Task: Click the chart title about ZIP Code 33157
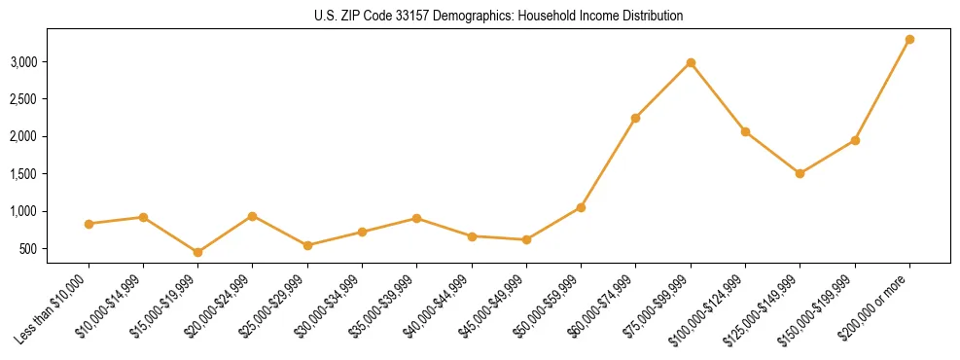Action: click(498, 16)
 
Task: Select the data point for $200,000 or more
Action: click(909, 39)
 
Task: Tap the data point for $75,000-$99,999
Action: click(691, 62)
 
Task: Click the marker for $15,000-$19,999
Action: click(197, 252)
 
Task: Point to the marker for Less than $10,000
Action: click(89, 224)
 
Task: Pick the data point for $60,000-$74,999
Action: click(635, 118)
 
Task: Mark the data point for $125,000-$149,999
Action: click(800, 173)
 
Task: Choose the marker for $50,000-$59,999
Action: click(581, 207)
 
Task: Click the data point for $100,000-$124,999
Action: click(745, 131)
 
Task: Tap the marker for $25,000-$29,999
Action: click(307, 245)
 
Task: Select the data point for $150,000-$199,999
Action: click(855, 140)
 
